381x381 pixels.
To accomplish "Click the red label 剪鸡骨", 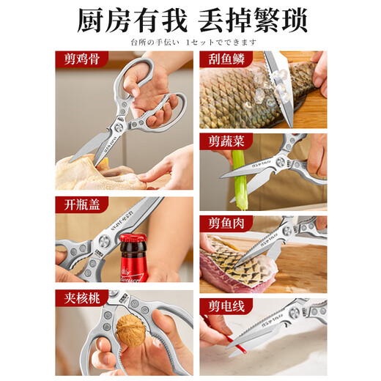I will (x=78, y=58).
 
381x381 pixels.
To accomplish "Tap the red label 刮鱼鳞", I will (x=223, y=58).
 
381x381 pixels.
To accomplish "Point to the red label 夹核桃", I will (x=78, y=297).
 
